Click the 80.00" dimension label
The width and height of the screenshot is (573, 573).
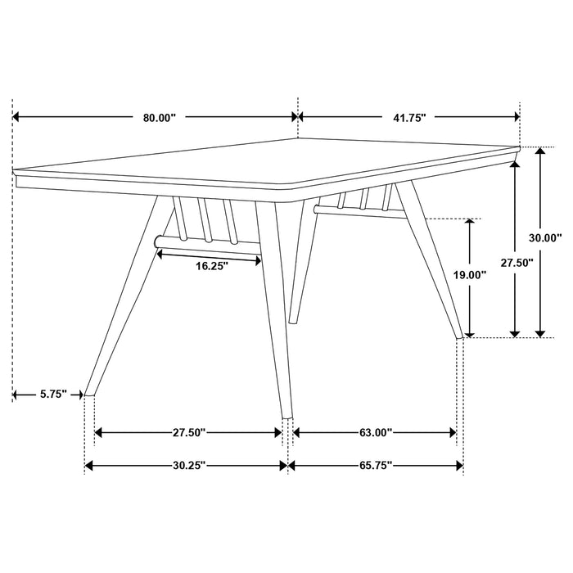(x=160, y=118)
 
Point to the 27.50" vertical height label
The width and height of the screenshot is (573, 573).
(x=517, y=263)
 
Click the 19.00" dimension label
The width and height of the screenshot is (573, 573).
(x=471, y=276)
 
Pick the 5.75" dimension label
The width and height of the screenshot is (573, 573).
(x=53, y=395)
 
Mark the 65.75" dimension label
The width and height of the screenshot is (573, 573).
(x=376, y=466)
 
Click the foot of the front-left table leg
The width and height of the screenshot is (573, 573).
(x=91, y=394)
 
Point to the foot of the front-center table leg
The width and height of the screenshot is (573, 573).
(x=286, y=416)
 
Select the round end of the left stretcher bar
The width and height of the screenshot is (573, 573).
(x=156, y=241)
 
